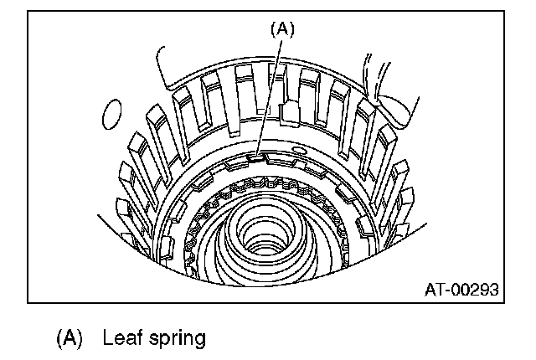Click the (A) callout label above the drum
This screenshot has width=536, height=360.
pyautogui.click(x=282, y=28)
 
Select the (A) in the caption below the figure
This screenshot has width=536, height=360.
pyautogui.click(x=70, y=338)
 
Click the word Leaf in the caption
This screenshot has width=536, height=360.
pyautogui.click(x=120, y=338)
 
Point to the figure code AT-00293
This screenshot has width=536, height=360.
pyautogui.click(x=461, y=290)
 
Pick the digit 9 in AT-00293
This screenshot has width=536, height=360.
pyautogui.click(x=481, y=290)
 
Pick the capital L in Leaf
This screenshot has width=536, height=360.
pyautogui.click(x=108, y=338)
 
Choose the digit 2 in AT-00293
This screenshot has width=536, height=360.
pyautogui.click(x=471, y=290)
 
